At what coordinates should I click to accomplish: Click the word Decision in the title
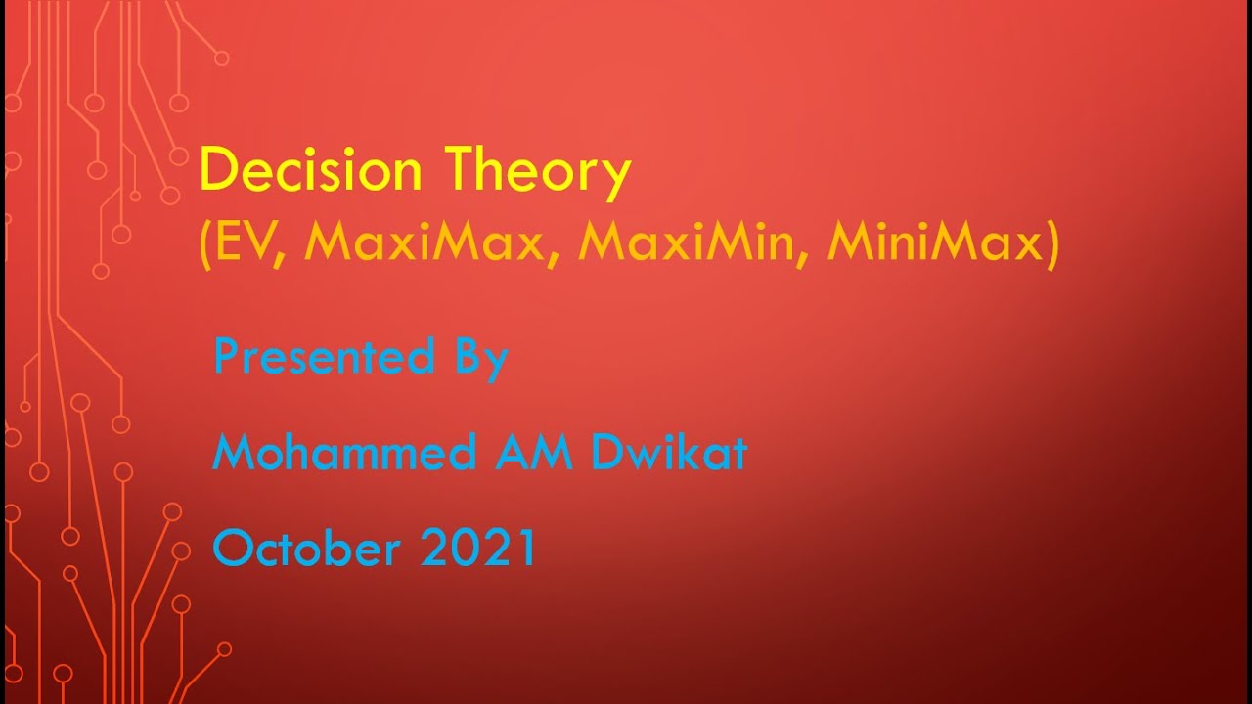coord(310,170)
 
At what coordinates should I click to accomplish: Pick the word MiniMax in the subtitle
coord(933,242)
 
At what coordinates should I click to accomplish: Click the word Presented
coord(324,356)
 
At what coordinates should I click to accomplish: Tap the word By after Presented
coord(479,358)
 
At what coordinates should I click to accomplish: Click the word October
coord(307,548)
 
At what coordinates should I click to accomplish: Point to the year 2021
coord(479,548)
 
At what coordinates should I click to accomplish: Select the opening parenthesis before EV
coord(205,243)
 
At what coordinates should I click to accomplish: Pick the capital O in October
coord(232,548)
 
